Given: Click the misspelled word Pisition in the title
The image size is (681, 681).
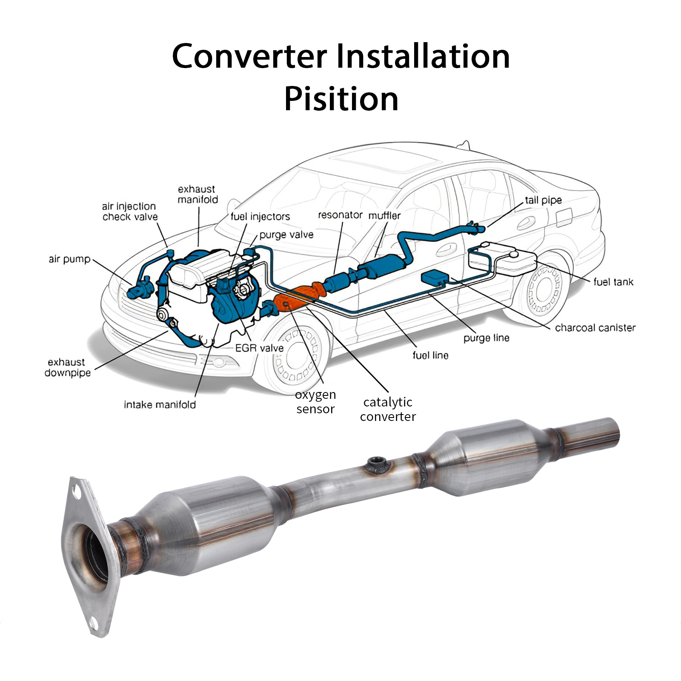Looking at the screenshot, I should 341,99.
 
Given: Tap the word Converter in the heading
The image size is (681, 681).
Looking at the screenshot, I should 249,56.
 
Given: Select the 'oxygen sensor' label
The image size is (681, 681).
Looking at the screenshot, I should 315,402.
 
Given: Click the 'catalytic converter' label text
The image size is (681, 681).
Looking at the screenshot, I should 388,409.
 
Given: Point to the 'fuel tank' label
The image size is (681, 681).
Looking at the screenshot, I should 613,282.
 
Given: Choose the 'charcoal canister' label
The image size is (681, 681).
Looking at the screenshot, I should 595,328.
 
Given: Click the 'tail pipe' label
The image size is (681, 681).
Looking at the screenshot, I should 543,200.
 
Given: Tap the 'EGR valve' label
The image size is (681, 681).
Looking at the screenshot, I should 259,348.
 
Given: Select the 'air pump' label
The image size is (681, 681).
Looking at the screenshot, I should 69,259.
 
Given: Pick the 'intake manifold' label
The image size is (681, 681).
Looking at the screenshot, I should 160,405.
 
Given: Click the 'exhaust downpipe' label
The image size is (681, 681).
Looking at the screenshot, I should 67,367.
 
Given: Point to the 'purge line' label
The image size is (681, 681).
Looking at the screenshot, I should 486,338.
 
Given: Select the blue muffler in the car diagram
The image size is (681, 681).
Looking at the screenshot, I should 381,266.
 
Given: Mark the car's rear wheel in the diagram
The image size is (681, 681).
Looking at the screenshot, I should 543,292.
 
